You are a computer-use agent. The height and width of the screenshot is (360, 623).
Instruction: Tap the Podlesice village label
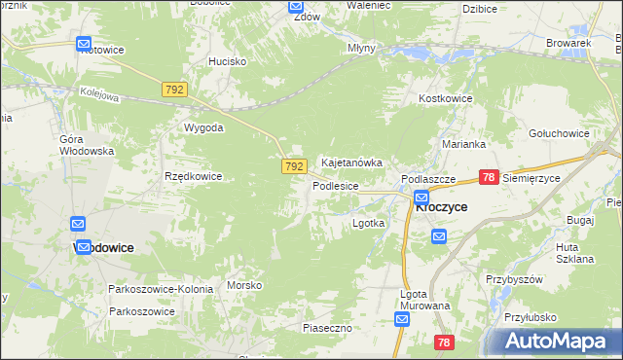(x=336, y=185)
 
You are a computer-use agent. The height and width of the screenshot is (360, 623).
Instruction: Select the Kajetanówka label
(x=350, y=163)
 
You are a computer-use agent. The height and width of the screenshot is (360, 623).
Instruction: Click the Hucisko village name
(x=227, y=61)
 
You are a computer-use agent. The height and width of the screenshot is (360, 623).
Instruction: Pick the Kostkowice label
(x=445, y=99)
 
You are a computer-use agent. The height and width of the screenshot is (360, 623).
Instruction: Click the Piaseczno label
(x=326, y=329)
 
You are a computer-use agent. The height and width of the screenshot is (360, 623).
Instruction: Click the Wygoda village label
(x=204, y=127)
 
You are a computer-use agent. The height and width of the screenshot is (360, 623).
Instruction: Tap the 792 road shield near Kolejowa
(x=174, y=90)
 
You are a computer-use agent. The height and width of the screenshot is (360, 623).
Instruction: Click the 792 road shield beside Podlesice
(x=295, y=167)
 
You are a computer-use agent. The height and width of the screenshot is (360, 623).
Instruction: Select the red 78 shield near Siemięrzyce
(x=489, y=177)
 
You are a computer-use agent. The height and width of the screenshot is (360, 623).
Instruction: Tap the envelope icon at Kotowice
(x=83, y=44)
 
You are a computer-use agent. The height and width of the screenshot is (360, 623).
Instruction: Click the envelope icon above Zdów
(x=297, y=6)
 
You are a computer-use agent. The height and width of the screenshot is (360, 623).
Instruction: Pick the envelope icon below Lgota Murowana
(x=404, y=318)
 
